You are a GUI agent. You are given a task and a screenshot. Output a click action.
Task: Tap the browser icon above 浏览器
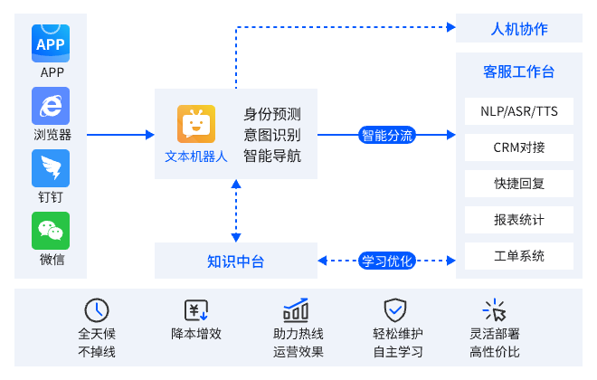pos(52,105)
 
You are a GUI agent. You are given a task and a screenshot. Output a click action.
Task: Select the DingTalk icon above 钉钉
pos(52,168)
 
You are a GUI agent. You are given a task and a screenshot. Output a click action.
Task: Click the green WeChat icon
pos(52,232)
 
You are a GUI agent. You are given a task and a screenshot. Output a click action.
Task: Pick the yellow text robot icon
pos(196,124)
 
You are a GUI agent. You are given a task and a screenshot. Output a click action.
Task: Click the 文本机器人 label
pos(196,155)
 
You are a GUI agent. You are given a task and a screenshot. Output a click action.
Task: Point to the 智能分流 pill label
pos(387,136)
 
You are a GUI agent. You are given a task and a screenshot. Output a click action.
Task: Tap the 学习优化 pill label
pos(387,261)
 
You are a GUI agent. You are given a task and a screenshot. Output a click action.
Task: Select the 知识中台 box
pos(236,261)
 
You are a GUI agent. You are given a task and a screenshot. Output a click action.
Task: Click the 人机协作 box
pos(518,28)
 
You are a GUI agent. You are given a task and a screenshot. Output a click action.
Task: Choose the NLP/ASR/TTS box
pos(519,111)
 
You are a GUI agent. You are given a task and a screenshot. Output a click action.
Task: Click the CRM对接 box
pos(519,147)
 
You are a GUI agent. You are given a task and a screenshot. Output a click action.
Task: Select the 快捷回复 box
pos(519,184)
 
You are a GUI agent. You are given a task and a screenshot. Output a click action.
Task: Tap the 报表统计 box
pos(519,220)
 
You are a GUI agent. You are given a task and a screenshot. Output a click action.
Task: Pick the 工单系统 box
pos(519,256)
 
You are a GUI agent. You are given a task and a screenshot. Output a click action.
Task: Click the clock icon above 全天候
pos(97,309)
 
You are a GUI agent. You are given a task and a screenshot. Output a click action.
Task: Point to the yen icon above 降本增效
pos(196,309)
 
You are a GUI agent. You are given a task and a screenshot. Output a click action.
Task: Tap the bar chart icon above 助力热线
pos(296,309)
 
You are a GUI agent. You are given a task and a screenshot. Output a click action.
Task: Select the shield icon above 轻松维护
pos(395,309)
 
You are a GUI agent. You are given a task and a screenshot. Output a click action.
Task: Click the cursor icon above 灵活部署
pos(495,309)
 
